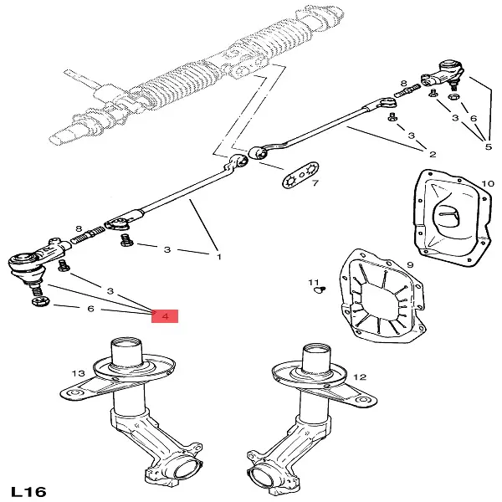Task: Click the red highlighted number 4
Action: pos(166,317)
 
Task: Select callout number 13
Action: pos(78,372)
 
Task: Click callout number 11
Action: pos(312,281)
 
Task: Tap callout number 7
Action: pos(315,183)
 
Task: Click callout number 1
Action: pos(218,256)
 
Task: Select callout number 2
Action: pos(433,155)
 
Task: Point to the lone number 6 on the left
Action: pos(90,308)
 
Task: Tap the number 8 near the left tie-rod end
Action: pos(78,228)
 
